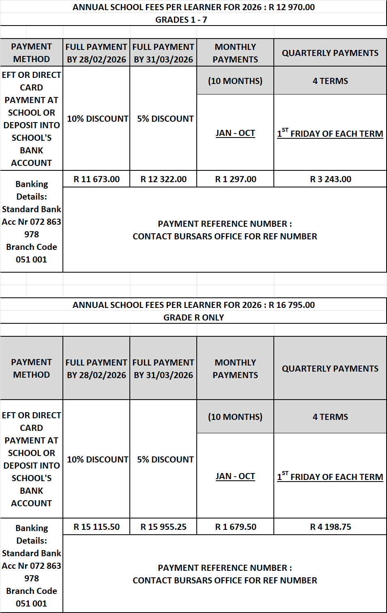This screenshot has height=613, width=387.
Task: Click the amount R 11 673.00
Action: point(97,179)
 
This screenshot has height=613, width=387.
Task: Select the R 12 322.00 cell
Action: point(163,179)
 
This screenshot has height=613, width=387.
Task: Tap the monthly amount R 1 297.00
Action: point(235,179)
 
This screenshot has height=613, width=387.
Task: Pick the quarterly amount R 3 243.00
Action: point(330,179)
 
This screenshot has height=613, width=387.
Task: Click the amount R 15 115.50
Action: point(97,527)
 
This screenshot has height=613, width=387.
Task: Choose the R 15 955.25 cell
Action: point(163,527)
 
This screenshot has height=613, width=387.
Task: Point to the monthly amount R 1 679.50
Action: point(235,527)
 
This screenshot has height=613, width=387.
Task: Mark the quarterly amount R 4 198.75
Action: point(330,527)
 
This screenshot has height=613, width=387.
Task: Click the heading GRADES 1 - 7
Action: point(181,20)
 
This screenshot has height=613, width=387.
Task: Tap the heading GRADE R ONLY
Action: point(193,318)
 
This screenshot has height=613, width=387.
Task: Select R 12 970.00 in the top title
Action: point(292,7)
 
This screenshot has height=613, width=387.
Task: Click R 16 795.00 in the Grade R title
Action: point(292,305)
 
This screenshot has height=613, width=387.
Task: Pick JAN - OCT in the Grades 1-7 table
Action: point(235,133)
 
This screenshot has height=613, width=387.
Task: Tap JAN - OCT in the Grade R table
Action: point(235,476)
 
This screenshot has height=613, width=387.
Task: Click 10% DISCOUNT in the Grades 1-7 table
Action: point(97,119)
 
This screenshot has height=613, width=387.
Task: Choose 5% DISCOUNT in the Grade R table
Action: point(165,460)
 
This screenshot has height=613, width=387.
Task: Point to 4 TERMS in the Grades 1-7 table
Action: point(330,81)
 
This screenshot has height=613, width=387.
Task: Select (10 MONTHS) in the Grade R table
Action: point(235,417)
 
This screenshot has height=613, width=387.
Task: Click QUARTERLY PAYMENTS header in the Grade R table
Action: point(330,369)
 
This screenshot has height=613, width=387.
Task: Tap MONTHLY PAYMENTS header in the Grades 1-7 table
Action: point(235,53)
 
